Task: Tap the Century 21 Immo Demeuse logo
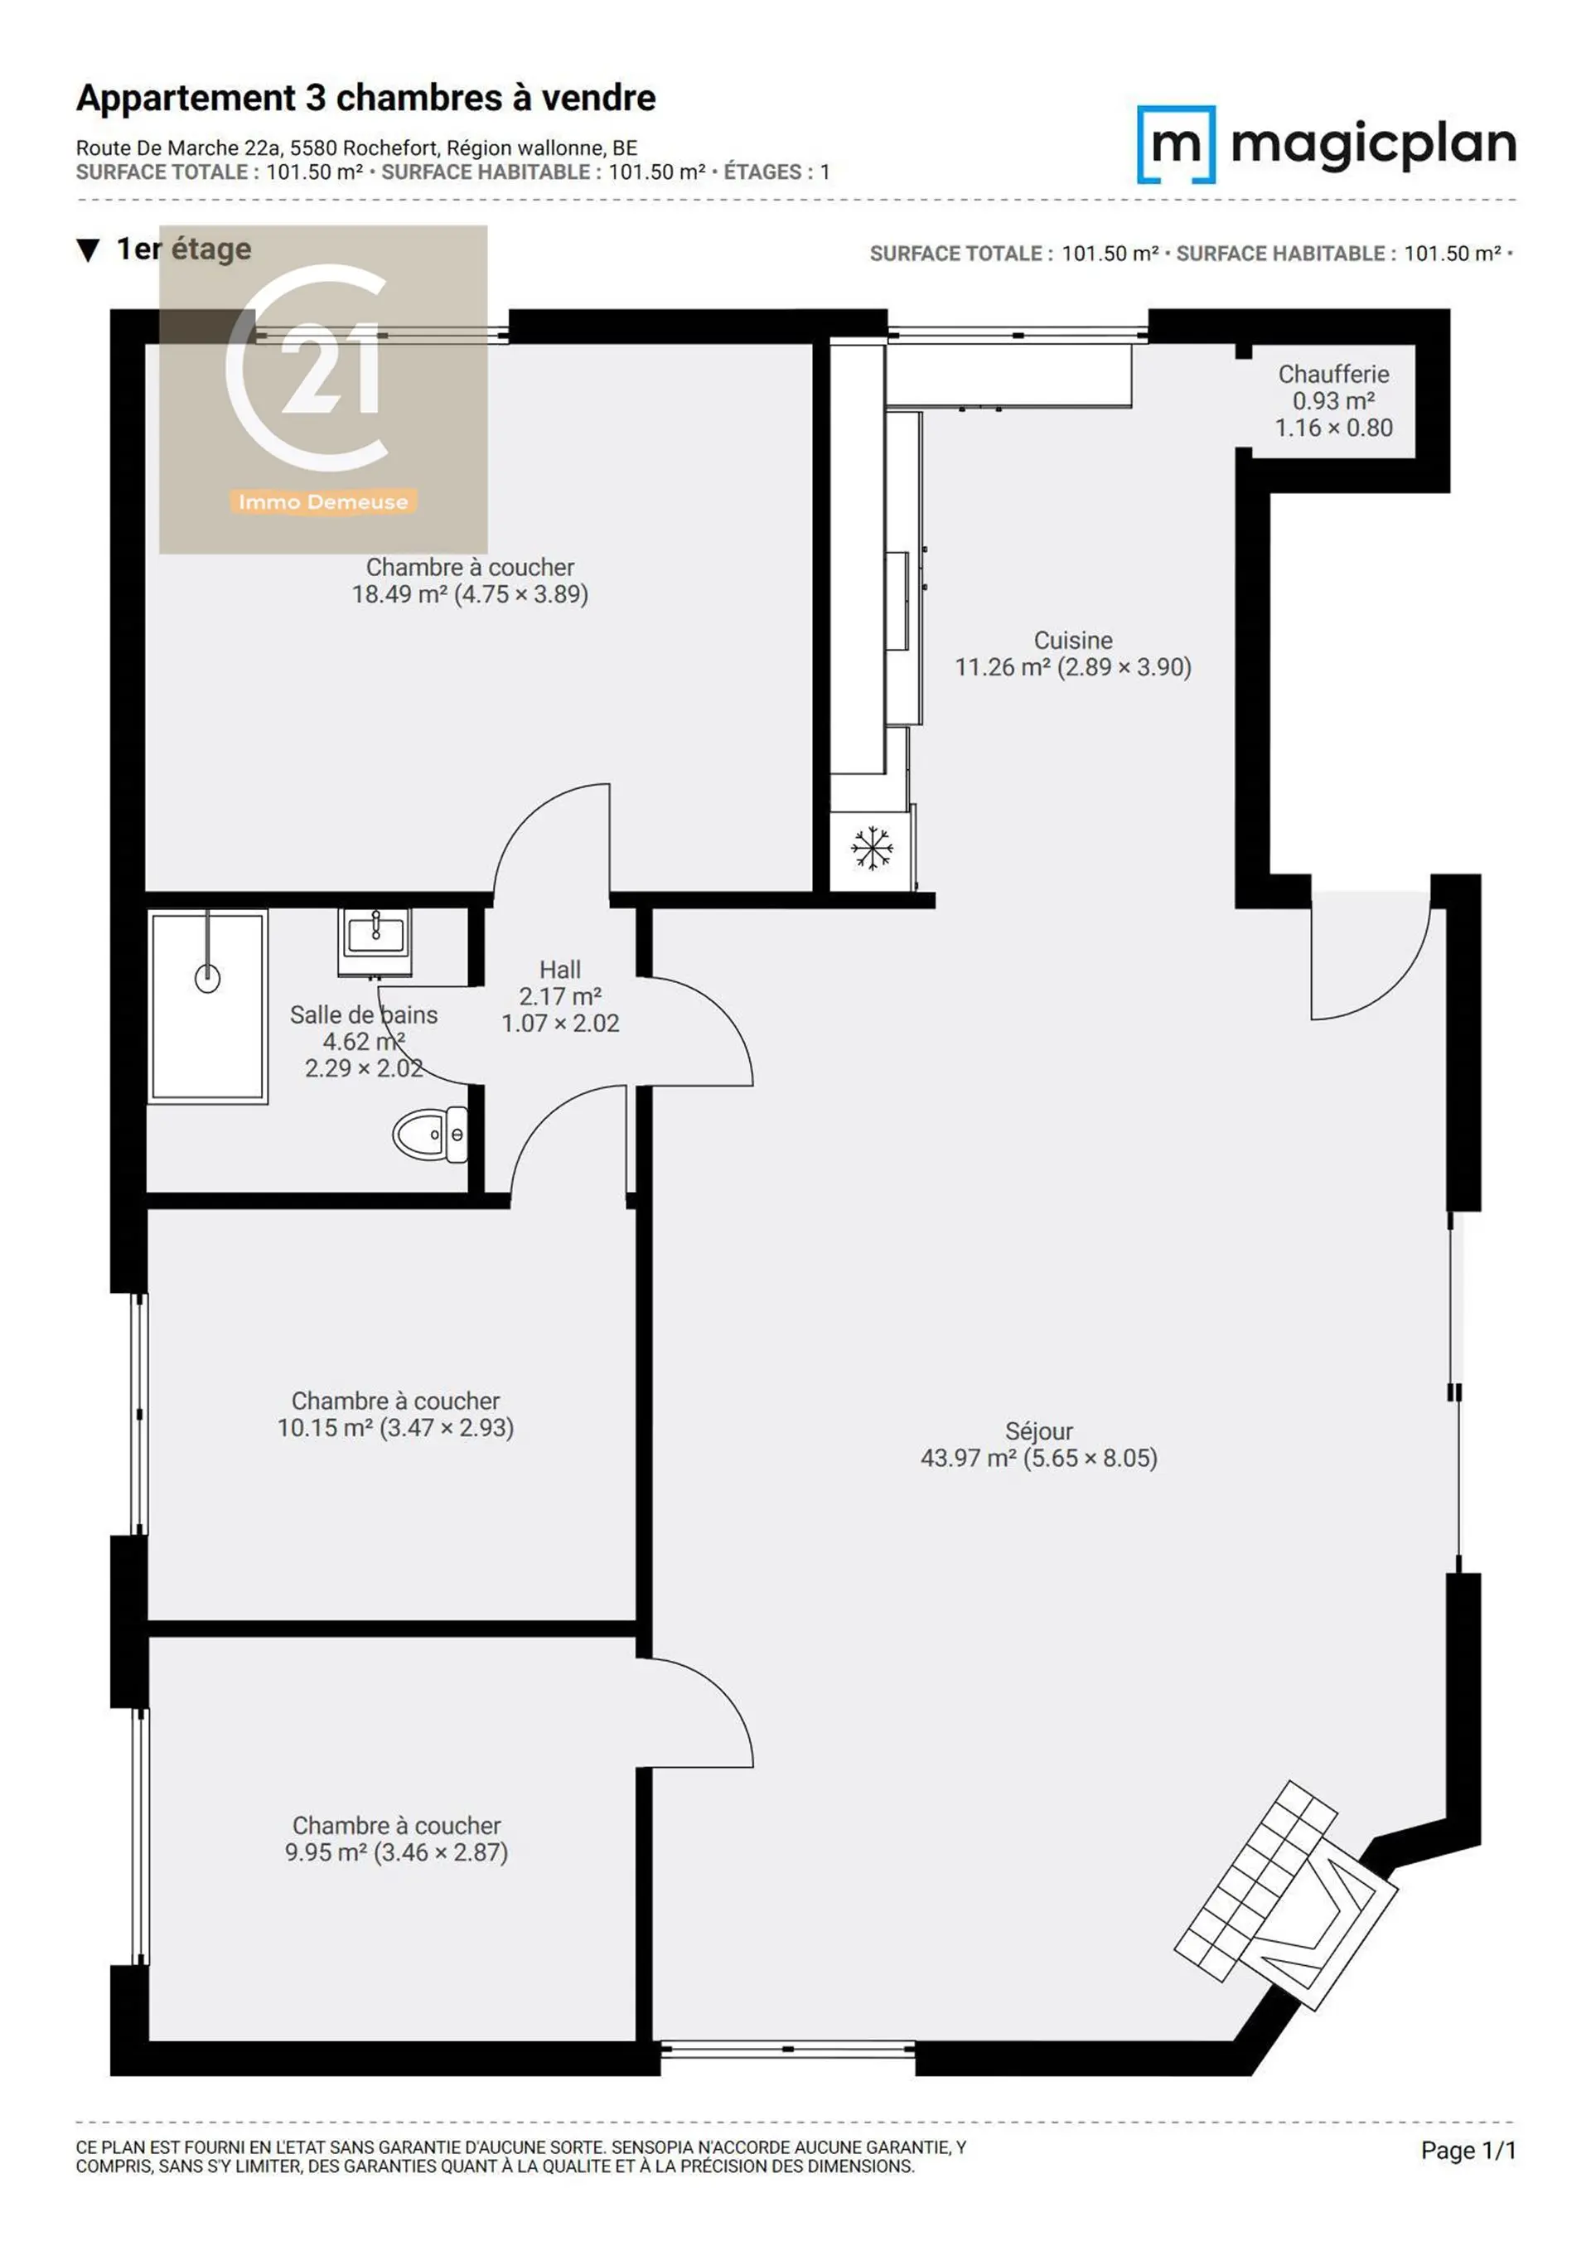pyautogui.click(x=323, y=390)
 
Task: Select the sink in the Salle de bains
pyautogui.click(x=375, y=940)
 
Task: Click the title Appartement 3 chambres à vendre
pyautogui.click(x=365, y=98)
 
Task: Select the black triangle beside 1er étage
pyautogui.click(x=88, y=251)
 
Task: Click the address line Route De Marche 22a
pyautogui.click(x=357, y=148)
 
